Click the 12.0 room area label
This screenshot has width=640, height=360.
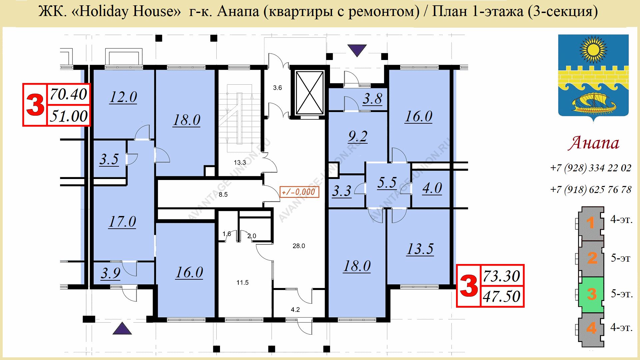click(123, 97)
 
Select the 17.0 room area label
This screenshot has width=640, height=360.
click(122, 222)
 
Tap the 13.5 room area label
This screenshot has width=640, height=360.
click(420, 249)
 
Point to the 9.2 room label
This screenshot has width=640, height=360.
click(358, 137)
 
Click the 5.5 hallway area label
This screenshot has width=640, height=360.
click(387, 183)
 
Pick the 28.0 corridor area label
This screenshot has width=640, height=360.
click(299, 246)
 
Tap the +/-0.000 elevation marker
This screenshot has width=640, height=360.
click(299, 192)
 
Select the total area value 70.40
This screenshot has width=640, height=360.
click(68, 94)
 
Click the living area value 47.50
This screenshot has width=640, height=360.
click(502, 296)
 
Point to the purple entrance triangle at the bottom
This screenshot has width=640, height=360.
click(122, 328)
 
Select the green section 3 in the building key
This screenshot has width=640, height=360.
click(591, 294)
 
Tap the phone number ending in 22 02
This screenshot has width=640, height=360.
click(591, 168)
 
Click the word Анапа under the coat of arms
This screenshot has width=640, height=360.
click(594, 143)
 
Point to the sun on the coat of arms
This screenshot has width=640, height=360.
click(593, 50)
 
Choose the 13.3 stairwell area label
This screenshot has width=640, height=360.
click(240, 163)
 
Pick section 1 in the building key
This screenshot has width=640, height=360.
click(591, 223)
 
